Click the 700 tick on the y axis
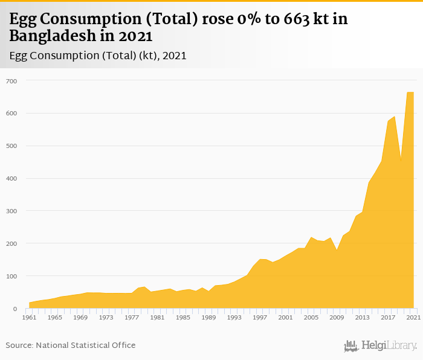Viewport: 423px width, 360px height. [11, 81]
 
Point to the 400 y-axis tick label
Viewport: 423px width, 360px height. [11, 179]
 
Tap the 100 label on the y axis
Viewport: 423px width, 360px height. [11, 277]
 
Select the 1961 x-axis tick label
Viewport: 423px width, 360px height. [29, 317]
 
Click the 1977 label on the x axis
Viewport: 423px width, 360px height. [132, 317]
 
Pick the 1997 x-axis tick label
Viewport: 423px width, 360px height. [260, 317]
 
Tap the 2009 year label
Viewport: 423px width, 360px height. [337, 317]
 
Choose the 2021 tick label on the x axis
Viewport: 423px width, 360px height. [413, 317]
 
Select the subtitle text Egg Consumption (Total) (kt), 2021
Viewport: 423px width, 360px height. [97, 56]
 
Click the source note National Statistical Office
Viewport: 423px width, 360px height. [86, 345]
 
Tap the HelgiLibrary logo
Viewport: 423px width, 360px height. [380, 346]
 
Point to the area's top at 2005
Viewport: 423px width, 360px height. [311, 237]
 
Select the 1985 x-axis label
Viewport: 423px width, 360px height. [183, 317]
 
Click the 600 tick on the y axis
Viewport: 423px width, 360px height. [11, 114]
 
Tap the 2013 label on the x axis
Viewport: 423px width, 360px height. [362, 317]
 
